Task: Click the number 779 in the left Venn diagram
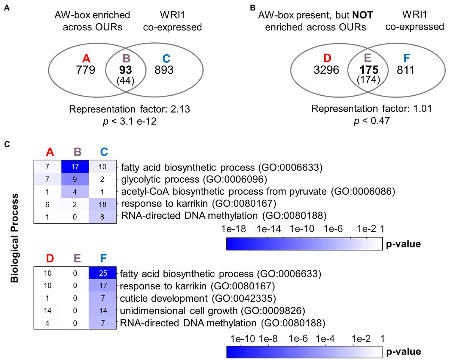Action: [86, 70]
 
